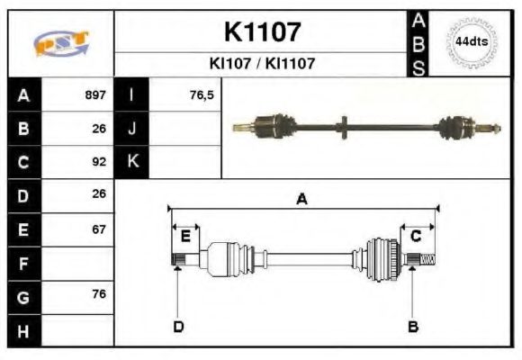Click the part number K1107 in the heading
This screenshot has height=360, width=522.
261,32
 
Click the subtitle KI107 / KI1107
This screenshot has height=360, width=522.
261,64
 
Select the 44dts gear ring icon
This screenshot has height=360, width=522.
472,42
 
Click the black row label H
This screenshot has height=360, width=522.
23,332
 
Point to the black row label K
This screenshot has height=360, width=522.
131,163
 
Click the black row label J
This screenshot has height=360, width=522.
131,129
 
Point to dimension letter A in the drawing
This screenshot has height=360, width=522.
301,200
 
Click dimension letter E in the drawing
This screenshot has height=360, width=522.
185,236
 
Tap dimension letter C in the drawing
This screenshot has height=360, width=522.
416,236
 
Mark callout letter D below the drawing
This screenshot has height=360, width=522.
178,326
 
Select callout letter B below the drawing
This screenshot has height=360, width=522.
413,326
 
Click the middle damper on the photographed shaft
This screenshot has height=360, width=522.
345,127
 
